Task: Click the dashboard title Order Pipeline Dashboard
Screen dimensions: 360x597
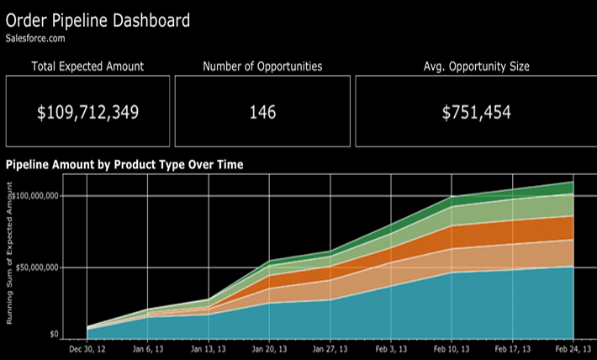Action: [x=98, y=19]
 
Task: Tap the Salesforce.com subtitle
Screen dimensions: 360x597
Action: [x=34, y=38]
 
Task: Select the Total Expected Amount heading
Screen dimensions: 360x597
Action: [x=87, y=66]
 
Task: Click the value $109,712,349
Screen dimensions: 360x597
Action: [x=87, y=112]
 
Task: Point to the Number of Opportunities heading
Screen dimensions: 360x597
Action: [x=262, y=66]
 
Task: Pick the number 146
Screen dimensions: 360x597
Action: [x=262, y=112]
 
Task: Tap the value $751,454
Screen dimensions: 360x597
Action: [x=477, y=112]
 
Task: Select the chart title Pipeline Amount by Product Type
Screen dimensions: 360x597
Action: [x=124, y=165]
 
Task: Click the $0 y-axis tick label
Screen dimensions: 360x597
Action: [x=53, y=334]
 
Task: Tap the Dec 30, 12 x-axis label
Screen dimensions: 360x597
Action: [x=88, y=349]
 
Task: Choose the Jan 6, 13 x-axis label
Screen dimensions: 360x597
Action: [x=149, y=349]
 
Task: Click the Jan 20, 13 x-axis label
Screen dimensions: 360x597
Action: [x=268, y=349]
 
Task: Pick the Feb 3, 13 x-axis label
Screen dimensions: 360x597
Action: [x=391, y=349]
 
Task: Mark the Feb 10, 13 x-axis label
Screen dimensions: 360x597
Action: [x=452, y=349]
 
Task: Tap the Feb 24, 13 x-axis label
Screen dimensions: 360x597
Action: [x=573, y=349]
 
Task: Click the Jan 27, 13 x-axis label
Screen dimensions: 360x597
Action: [x=330, y=349]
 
